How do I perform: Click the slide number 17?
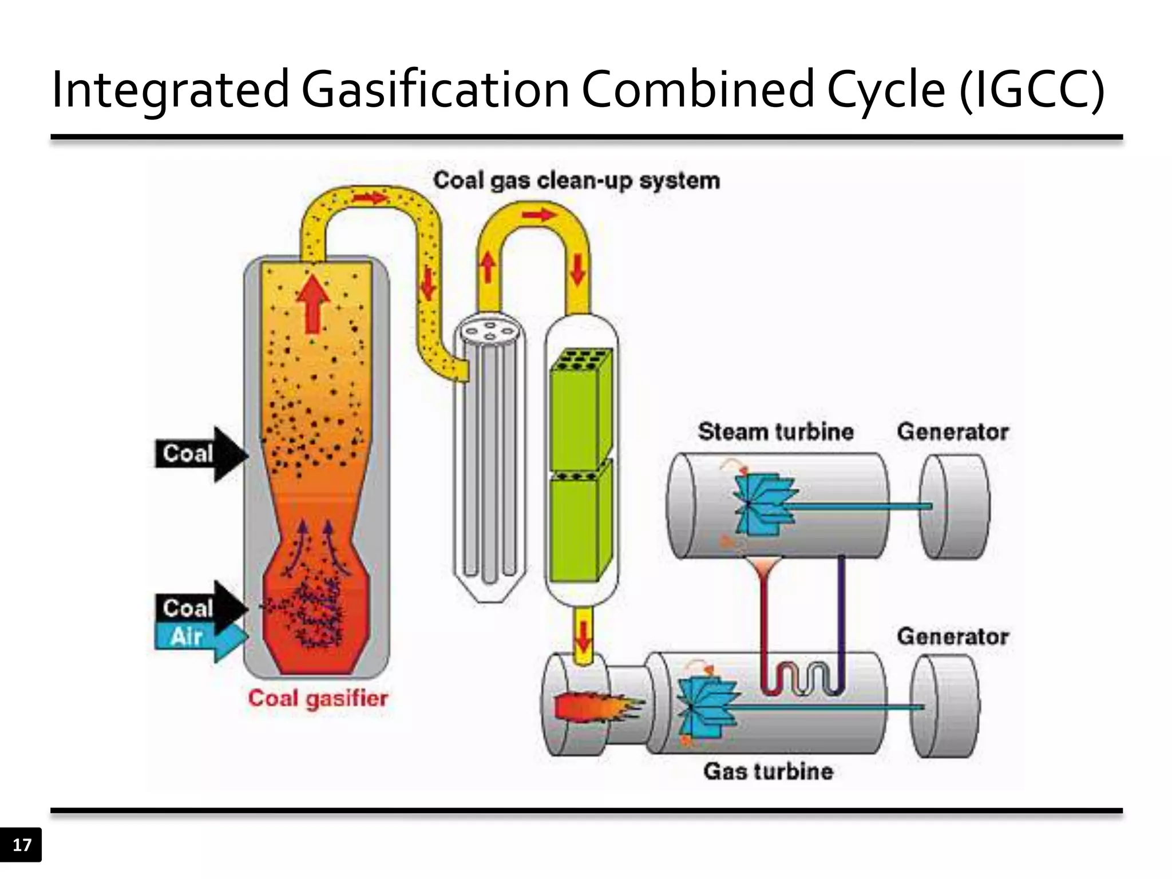(x=22, y=845)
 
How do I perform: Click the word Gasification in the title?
(x=435, y=90)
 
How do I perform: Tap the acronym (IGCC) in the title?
(x=1032, y=90)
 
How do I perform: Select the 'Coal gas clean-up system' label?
(x=576, y=181)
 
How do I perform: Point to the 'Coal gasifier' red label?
(x=318, y=698)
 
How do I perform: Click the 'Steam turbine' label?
(x=775, y=431)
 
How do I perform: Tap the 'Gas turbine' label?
(x=768, y=771)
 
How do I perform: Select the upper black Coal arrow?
(x=200, y=454)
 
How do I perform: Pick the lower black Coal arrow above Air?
(x=200, y=607)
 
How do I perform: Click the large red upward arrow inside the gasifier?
(x=312, y=303)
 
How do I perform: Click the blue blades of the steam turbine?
(x=764, y=504)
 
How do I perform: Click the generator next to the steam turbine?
(x=954, y=506)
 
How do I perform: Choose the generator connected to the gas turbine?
(x=945, y=707)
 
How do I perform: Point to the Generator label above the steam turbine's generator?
(x=952, y=431)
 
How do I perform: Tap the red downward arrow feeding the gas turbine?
(x=583, y=635)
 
